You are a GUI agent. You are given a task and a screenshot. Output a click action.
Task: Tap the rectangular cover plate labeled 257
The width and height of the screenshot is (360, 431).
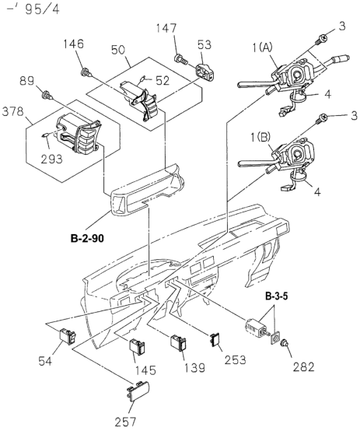coord(138,391)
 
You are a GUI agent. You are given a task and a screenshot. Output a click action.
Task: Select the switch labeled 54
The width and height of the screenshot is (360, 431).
coord(68,336)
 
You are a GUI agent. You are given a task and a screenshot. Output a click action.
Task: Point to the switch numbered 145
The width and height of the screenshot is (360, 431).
coord(137,346)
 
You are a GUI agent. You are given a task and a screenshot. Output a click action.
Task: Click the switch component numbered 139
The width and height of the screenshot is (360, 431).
coord(178,343)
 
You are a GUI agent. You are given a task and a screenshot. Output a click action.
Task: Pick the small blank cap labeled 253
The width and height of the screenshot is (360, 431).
coord(215,339)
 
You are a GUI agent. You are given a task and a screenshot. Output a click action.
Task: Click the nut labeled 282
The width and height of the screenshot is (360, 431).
coord(283,344)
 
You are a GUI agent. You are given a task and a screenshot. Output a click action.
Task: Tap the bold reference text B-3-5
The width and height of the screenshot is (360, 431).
coord(277,296)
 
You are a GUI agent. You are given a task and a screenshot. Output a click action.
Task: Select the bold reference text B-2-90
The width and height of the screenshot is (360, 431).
coord(87,239)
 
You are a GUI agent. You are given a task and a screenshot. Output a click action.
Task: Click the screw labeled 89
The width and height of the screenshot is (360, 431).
coord(47,96)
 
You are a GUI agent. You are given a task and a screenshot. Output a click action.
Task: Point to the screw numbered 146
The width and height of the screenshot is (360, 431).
coord(86,72)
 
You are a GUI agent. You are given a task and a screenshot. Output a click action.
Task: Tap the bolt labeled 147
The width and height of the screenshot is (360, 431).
coord(181,59)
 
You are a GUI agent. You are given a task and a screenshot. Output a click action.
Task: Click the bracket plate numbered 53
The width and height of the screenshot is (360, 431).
coord(205,72)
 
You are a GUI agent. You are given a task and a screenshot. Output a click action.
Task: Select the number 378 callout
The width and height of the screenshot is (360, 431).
coord(12,111)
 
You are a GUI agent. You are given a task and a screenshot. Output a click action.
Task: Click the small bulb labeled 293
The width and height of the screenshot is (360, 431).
coord(46,135)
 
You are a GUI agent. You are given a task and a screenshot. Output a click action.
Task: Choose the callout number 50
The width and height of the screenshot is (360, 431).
coord(118,50)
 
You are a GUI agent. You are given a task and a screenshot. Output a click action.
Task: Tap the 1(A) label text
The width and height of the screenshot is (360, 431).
coord(263,47)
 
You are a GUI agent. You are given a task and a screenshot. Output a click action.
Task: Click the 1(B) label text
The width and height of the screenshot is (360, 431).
coord(261,137)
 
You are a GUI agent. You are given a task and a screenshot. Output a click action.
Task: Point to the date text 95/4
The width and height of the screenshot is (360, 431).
coord(42,9)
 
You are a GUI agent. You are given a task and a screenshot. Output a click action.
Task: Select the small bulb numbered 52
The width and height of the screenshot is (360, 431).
coord(142,79)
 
